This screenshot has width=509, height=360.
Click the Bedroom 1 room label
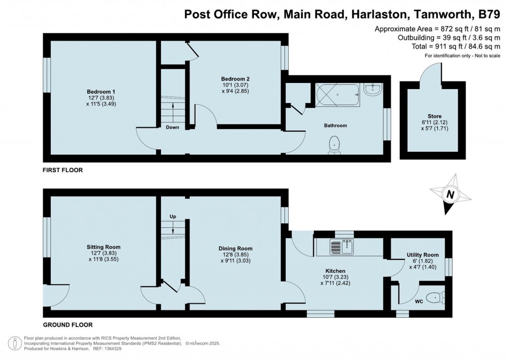click(101, 91)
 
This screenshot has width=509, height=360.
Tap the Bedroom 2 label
click(235, 79)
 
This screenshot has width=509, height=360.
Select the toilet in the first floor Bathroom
click(335, 145)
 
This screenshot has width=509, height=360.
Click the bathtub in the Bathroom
click(338, 95)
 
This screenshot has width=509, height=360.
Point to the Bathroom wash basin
click(373, 90)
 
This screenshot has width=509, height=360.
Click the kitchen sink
click(342, 247)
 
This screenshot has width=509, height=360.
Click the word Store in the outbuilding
click(434, 116)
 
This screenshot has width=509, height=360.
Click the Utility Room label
click(423, 255)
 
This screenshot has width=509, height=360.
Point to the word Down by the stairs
click(172, 127)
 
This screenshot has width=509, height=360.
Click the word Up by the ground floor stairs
click(172, 216)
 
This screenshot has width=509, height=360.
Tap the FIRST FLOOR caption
click(63, 170)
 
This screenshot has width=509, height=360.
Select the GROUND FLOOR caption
click(68, 325)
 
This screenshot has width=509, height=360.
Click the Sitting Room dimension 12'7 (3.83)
click(101, 253)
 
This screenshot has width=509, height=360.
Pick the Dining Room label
click(235, 248)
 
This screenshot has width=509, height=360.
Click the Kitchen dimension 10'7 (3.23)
click(336, 277)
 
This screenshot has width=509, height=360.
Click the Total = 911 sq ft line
click(456, 46)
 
